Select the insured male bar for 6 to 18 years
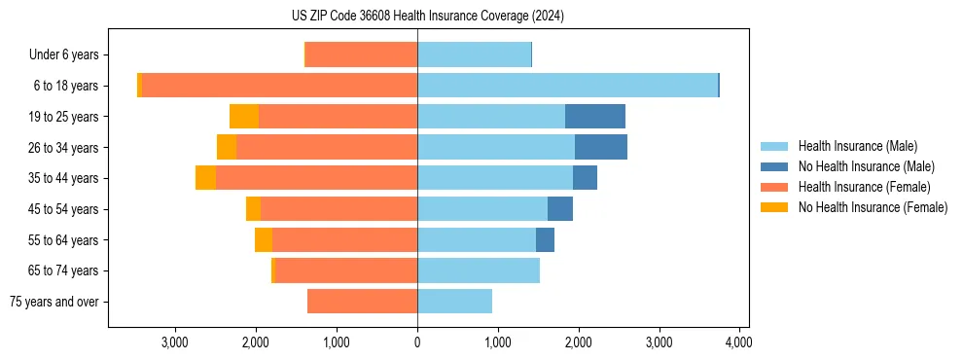pyautogui.click(x=567, y=86)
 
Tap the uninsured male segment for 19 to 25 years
pyautogui.click(x=595, y=117)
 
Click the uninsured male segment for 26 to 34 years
pyautogui.click(x=601, y=147)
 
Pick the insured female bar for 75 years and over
pyautogui.click(x=362, y=302)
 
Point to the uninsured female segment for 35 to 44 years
pyautogui.click(x=205, y=178)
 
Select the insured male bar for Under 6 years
pyautogui.click(x=474, y=54)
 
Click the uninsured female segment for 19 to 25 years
pyautogui.click(x=244, y=117)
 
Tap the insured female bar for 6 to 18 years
pyautogui.click(x=279, y=86)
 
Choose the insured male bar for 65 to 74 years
pyautogui.click(x=479, y=270)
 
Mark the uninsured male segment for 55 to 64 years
pyautogui.click(x=545, y=239)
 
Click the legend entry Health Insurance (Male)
pyautogui.click(x=857, y=146)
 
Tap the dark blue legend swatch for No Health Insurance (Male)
pyautogui.click(x=774, y=166)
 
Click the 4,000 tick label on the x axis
pyautogui.click(x=739, y=342)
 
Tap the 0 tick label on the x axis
pyautogui.click(x=417, y=342)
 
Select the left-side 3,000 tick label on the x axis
pyautogui.click(x=175, y=342)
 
